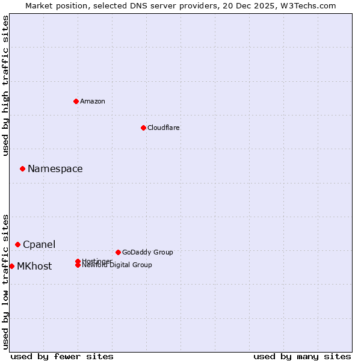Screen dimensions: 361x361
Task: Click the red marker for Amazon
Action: (x=76, y=101)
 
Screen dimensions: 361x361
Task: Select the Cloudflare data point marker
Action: (x=143, y=128)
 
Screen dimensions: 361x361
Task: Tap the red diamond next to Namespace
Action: (x=22, y=168)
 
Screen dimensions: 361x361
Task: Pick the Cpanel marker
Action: (x=17, y=244)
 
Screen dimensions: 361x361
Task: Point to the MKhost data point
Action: (x=11, y=266)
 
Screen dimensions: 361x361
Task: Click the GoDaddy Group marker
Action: (x=118, y=252)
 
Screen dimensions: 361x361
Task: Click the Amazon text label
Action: (x=93, y=101)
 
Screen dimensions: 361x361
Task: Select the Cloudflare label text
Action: (x=164, y=128)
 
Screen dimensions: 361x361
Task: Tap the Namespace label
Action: (x=55, y=169)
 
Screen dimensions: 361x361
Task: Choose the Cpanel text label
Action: (x=39, y=245)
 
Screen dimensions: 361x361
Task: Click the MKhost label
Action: (x=34, y=267)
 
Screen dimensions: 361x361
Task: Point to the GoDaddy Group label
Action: (x=147, y=253)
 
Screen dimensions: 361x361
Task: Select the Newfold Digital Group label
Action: (x=117, y=265)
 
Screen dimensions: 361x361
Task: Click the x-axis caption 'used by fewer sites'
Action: (x=62, y=357)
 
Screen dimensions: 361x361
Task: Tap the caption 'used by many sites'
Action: (x=302, y=357)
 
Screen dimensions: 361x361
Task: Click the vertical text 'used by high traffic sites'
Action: (x=6, y=85)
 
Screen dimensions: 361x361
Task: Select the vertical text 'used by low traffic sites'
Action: (x=6, y=281)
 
